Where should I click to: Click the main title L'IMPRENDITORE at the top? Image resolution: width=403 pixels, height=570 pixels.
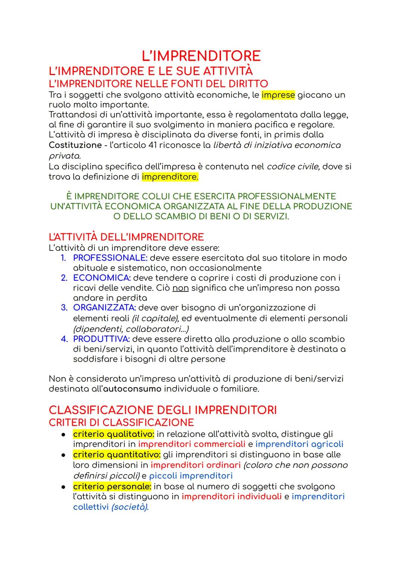201,56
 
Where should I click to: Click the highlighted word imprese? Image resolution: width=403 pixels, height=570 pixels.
278,95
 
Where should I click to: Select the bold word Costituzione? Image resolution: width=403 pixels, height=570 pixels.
75,145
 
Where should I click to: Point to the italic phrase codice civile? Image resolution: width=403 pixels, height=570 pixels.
293,166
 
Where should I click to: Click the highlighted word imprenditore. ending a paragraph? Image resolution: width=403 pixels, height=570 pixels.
170,177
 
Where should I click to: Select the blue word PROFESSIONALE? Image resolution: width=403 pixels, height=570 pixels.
110,258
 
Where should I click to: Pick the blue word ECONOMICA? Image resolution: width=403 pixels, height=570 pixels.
101,278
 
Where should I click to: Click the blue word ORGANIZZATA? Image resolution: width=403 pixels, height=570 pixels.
104,308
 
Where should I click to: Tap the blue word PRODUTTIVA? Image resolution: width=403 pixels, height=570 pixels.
101,339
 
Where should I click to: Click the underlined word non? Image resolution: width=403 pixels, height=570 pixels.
181,288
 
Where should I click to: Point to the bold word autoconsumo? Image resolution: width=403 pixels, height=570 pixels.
132,389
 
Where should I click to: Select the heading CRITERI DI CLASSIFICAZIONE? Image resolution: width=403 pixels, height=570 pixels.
121,423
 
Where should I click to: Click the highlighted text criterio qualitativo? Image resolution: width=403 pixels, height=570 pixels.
113,434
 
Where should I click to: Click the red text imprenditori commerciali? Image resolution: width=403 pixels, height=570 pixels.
191,444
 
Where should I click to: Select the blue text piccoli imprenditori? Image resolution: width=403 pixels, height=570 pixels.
191,476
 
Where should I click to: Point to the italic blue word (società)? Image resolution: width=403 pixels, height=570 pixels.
130,507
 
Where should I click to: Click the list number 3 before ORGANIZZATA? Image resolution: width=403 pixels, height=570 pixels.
64,308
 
